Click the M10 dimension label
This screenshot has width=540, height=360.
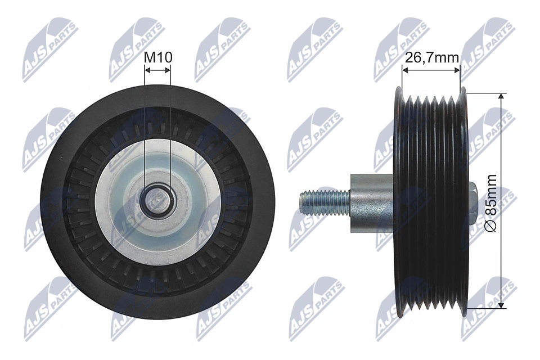pyautogui.click(x=158, y=57)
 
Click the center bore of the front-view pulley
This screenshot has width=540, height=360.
pyautogui.click(x=157, y=199)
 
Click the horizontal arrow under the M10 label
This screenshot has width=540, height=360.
pyautogui.click(x=157, y=70)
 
